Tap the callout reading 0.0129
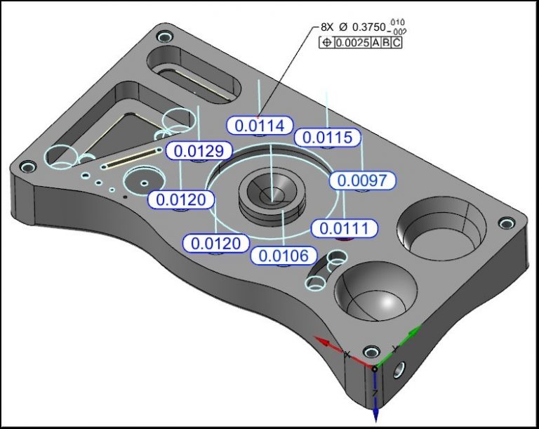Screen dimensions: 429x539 [x=199, y=150]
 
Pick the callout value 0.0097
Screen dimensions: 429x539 [x=362, y=180]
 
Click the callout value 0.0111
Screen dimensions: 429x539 [x=345, y=228]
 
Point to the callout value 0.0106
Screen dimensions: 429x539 [x=284, y=256]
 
